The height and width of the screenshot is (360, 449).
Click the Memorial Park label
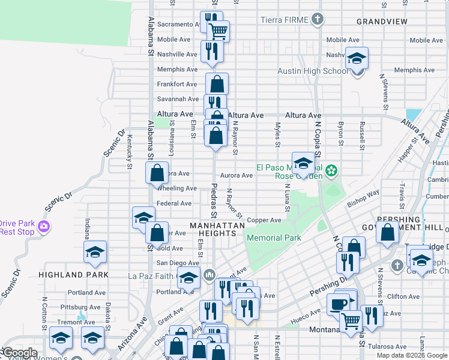tap(273, 238)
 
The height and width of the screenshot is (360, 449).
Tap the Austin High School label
tap(312, 71)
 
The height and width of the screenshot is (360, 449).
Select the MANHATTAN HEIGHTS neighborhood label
tap(217, 226)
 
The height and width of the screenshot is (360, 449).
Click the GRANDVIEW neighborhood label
tap(382, 22)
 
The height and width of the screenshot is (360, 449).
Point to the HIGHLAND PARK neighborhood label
tap(73, 274)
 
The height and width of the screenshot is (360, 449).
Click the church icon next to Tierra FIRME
tap(318, 20)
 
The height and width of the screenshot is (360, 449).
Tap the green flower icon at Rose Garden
tap(331, 172)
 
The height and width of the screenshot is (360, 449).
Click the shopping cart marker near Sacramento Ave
tap(218, 30)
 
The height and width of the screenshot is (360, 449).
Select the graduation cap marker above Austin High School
tap(357, 59)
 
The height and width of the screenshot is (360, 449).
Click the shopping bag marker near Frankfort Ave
tap(217, 83)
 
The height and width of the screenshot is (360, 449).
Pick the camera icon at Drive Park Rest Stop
tap(44, 227)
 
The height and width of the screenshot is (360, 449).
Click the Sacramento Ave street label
tap(178, 25)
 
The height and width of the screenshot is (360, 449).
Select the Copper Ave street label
tap(264, 220)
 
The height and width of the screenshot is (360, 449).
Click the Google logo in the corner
tap(20, 353)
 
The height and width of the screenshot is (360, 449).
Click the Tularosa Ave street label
tap(387, 346)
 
